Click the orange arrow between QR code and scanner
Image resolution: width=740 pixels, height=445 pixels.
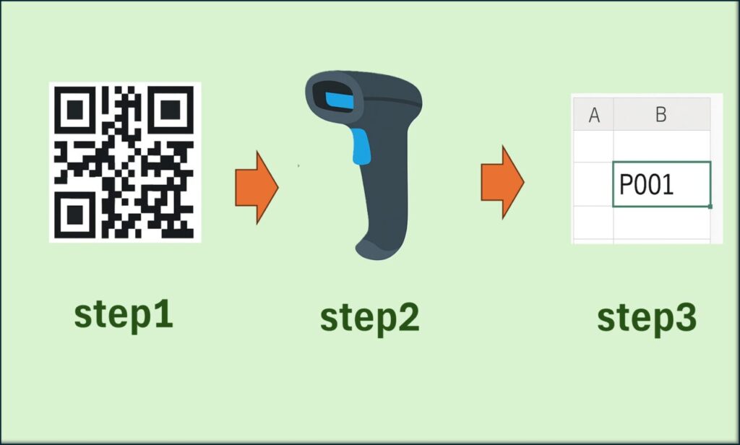tap(256, 187)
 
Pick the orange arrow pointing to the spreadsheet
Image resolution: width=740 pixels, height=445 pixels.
tap(502, 181)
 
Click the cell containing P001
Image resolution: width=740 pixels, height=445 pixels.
tap(661, 184)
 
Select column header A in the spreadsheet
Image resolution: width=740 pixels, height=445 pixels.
tap(594, 115)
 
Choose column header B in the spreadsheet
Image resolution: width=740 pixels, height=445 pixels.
tap(661, 115)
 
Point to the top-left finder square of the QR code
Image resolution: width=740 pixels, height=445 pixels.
tap(75, 111)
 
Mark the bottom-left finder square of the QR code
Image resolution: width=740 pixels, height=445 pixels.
tap(75, 211)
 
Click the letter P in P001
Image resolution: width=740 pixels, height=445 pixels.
tap(628, 185)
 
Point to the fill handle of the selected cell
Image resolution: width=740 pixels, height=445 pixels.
tap(710, 207)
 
